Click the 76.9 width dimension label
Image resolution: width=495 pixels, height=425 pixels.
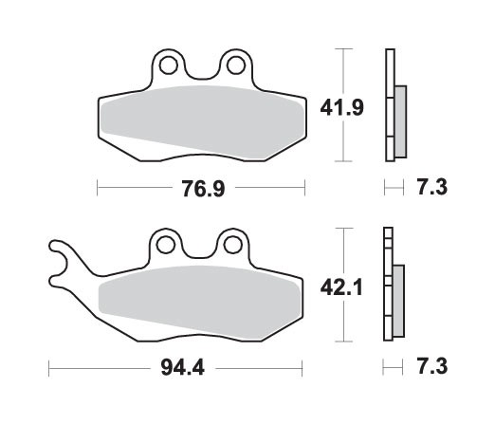[x=203, y=188]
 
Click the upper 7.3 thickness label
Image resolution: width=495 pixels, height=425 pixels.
[x=431, y=188]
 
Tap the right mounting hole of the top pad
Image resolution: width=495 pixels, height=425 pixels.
[x=233, y=65]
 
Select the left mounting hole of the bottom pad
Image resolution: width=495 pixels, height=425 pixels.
[x=167, y=246]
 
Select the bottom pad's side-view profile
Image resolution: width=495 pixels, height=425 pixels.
[x=388, y=286]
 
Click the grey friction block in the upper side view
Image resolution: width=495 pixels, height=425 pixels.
[x=399, y=118]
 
